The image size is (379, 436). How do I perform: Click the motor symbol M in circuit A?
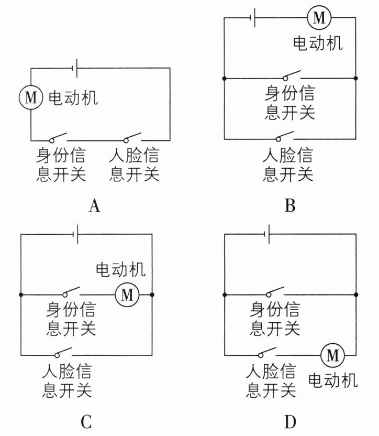[31, 97]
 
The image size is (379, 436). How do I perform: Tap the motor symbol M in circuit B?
[319, 17]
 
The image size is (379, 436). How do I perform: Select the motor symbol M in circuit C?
[127, 295]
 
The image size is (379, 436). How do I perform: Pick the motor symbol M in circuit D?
[332, 355]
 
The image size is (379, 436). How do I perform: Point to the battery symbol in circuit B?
[253, 17]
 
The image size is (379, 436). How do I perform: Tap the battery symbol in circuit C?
[75, 234]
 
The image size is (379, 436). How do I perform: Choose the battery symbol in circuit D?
[267, 234]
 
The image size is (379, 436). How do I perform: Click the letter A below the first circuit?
[94, 206]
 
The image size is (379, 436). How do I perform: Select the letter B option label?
[290, 206]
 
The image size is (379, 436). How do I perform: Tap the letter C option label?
[86, 422]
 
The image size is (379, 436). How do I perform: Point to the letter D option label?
[291, 422]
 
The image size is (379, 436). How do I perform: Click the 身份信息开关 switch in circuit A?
[58, 138]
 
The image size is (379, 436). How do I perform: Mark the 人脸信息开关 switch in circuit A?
[132, 138]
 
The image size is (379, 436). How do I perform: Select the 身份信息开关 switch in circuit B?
[292, 75]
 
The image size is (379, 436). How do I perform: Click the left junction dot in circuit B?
[225, 79]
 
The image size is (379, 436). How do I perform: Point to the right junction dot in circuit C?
[152, 295]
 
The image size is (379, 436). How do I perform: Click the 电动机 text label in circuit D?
[333, 380]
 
